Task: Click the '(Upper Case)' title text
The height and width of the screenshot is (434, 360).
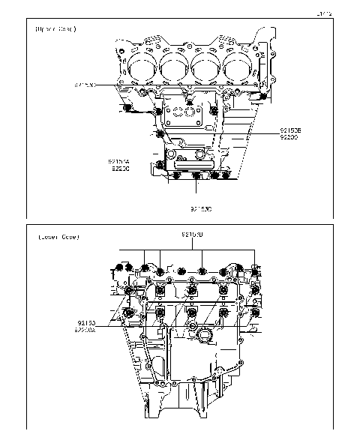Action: [55, 29]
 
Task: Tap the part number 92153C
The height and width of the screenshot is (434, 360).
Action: [85, 85]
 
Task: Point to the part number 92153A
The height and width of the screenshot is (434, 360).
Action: [118, 161]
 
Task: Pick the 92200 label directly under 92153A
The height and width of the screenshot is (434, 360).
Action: [118, 169]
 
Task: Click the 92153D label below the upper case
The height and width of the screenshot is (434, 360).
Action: [200, 208]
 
